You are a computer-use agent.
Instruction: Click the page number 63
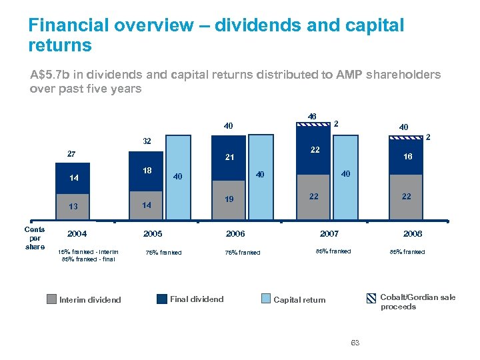(x=355, y=343)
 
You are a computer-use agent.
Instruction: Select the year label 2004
(x=77, y=234)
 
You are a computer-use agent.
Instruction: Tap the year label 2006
(x=235, y=234)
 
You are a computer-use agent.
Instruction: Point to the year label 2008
(x=412, y=234)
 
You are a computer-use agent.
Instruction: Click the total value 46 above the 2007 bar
(x=312, y=116)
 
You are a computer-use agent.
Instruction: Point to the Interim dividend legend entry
(x=85, y=299)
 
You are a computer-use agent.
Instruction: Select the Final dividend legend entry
(x=191, y=299)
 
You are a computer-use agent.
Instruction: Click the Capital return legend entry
(x=293, y=299)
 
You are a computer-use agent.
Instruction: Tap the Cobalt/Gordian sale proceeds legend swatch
(x=371, y=298)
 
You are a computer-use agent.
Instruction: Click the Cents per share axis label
(x=35, y=238)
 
